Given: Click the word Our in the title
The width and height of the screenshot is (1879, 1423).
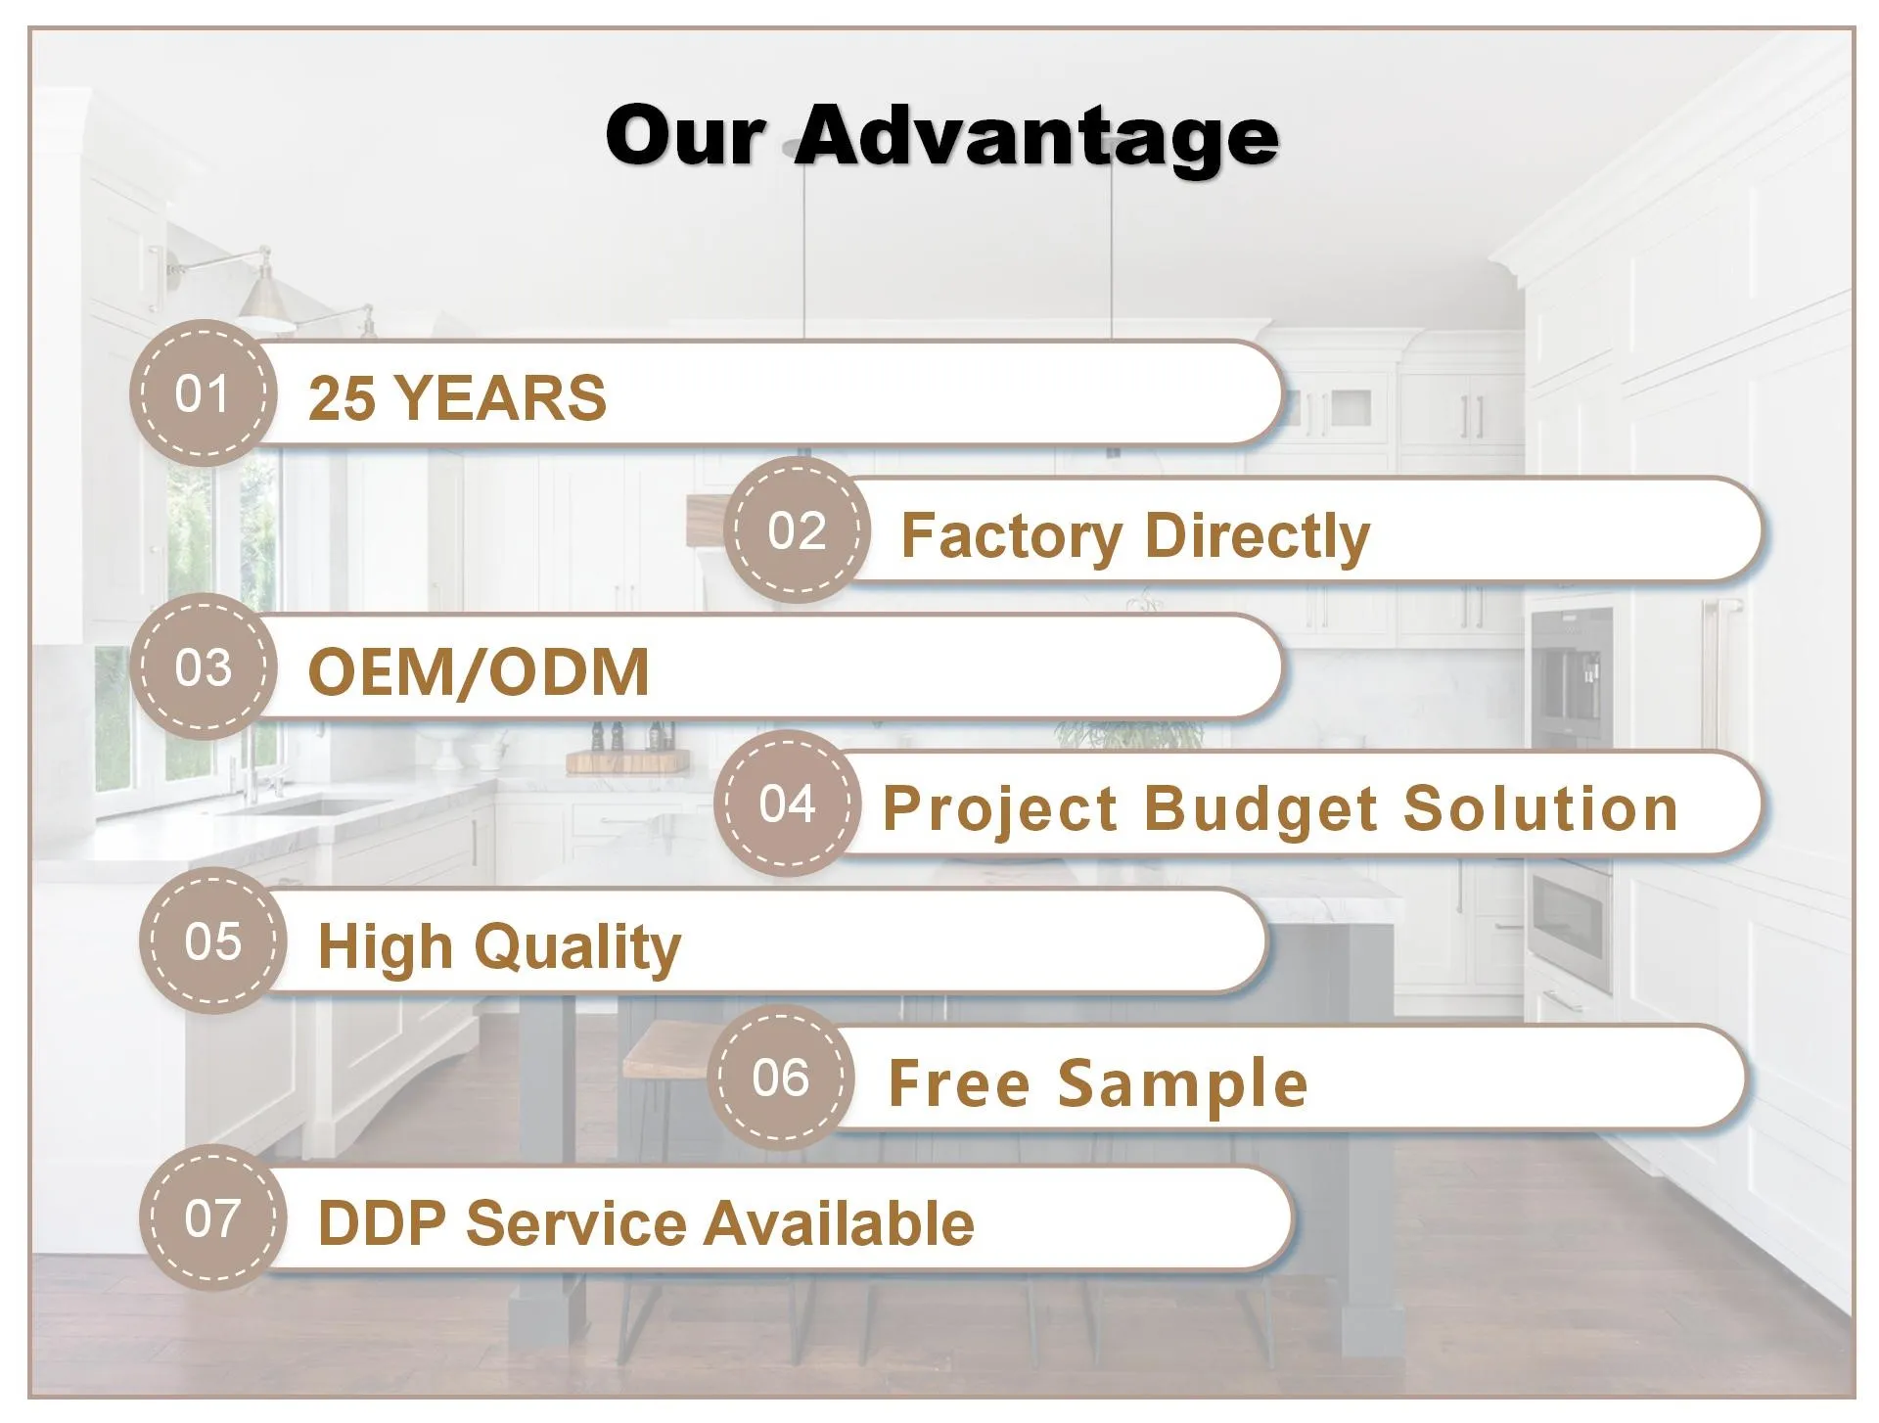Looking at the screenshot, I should (x=684, y=136).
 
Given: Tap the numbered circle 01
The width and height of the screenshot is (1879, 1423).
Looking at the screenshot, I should (x=203, y=393).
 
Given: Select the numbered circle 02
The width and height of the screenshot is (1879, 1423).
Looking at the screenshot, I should (x=797, y=530).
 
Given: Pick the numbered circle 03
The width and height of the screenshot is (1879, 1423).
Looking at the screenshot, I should (x=203, y=667).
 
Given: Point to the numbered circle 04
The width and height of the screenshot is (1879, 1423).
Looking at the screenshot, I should (x=787, y=803).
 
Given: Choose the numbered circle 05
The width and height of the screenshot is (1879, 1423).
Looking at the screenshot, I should (x=212, y=941).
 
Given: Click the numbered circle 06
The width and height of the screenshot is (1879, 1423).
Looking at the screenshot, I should (x=780, y=1078).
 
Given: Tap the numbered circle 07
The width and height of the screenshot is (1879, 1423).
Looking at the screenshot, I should (x=212, y=1218).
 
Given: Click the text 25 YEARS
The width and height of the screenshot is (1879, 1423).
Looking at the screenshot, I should (x=457, y=398).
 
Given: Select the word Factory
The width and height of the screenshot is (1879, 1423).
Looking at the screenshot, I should (x=1012, y=536).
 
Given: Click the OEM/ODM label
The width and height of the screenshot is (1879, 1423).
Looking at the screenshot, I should (x=479, y=672).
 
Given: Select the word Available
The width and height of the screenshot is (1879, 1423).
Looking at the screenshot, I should (x=840, y=1223).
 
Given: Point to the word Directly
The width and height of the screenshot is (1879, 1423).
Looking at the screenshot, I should (x=1257, y=536).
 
